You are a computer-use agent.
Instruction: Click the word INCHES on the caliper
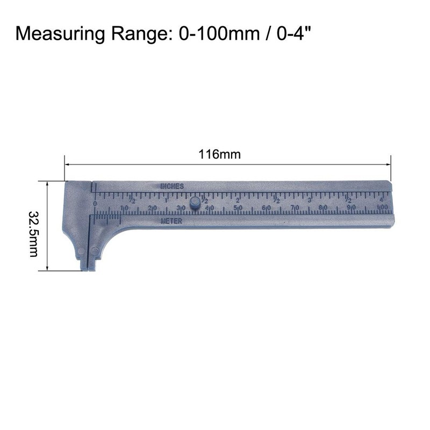172,186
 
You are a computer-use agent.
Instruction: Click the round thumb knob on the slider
195,204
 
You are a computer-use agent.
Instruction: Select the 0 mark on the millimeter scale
95,204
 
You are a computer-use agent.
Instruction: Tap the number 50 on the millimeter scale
237,207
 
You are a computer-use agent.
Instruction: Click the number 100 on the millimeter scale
383,208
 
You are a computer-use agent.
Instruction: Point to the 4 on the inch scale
381,200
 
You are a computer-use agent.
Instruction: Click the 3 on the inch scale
309,200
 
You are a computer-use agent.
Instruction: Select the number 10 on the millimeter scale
124,207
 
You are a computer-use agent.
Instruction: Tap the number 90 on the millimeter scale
351,208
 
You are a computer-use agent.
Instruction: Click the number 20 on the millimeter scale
153,207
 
